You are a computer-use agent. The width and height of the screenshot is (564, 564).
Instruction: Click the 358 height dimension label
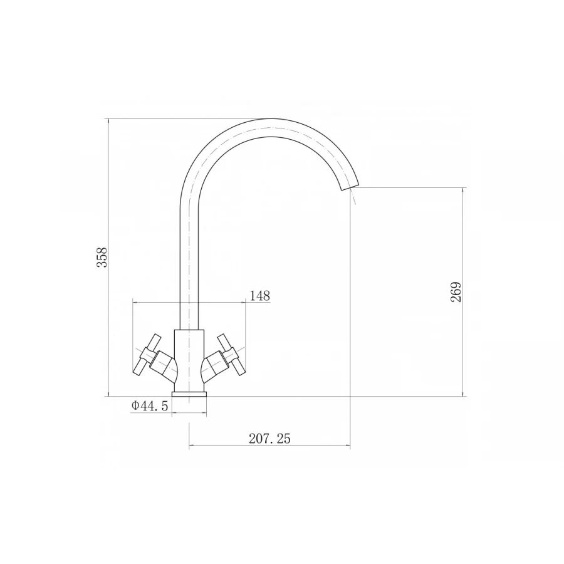point(102,257)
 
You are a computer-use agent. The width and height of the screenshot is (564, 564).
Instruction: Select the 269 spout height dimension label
point(456,291)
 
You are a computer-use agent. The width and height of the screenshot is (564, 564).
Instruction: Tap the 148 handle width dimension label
point(259,296)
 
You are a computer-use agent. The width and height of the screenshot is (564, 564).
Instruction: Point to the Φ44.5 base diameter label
point(150,405)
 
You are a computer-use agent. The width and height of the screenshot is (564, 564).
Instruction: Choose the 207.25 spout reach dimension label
point(269,439)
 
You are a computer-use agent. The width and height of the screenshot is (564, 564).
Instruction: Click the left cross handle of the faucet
point(147,354)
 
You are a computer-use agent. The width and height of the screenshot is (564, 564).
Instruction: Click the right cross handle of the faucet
point(231,354)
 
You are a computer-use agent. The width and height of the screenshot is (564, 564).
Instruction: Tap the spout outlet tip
point(349,187)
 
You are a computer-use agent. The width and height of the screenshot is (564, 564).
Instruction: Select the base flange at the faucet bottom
point(189,395)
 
